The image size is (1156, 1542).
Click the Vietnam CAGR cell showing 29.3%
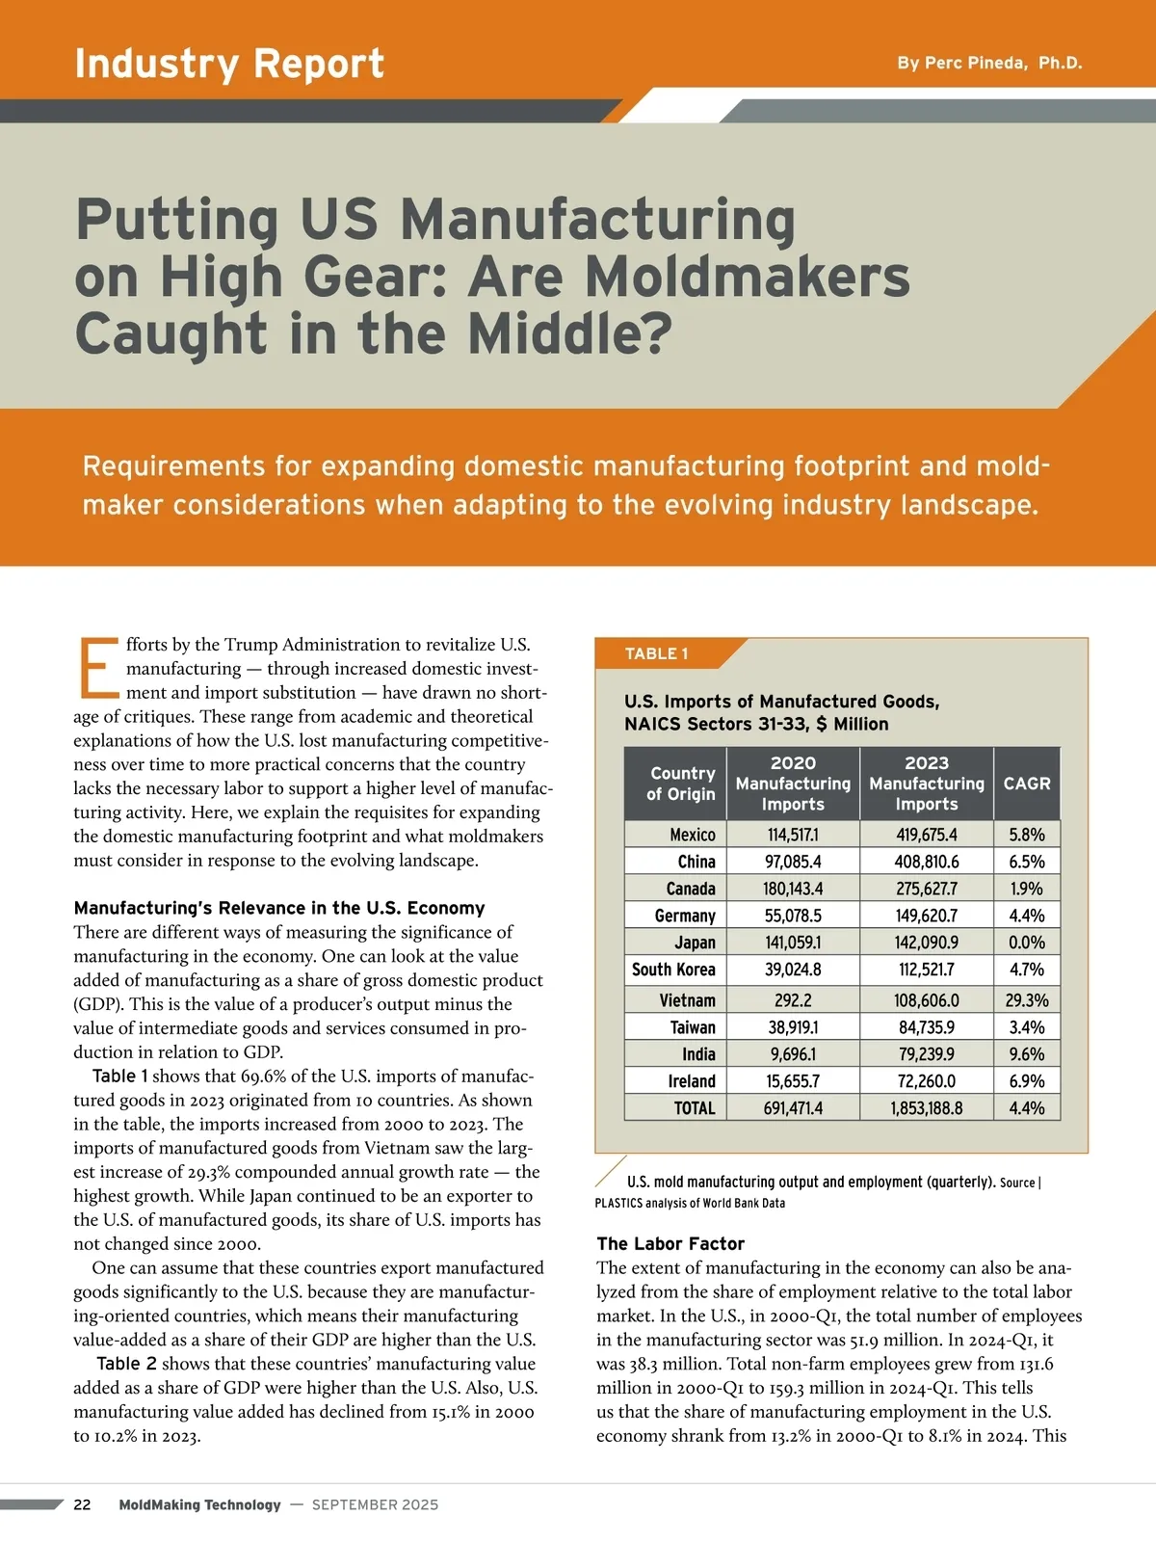click(1027, 1000)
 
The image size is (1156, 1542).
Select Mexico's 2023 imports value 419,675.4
click(926, 835)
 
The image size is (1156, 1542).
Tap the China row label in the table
click(696, 862)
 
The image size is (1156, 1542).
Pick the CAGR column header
click(1027, 784)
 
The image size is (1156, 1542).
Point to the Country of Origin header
click(681, 784)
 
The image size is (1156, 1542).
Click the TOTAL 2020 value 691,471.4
click(793, 1108)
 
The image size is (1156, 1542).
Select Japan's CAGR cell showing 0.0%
click(1027, 943)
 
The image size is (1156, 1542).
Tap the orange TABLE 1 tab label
click(657, 653)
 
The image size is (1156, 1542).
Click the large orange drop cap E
click(97, 667)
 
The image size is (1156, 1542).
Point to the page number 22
click(83, 1504)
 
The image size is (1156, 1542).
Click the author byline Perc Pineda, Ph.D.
click(989, 64)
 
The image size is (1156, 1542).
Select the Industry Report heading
click(229, 64)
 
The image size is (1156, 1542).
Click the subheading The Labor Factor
click(670, 1243)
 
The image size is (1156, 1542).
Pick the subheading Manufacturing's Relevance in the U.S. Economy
click(278, 908)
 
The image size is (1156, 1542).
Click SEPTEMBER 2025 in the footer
click(375, 1504)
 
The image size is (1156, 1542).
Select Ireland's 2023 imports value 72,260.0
click(926, 1081)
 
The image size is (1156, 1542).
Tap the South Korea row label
click(673, 970)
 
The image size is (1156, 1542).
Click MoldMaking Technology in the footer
click(199, 1504)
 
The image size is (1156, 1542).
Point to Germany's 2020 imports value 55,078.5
click(793, 916)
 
